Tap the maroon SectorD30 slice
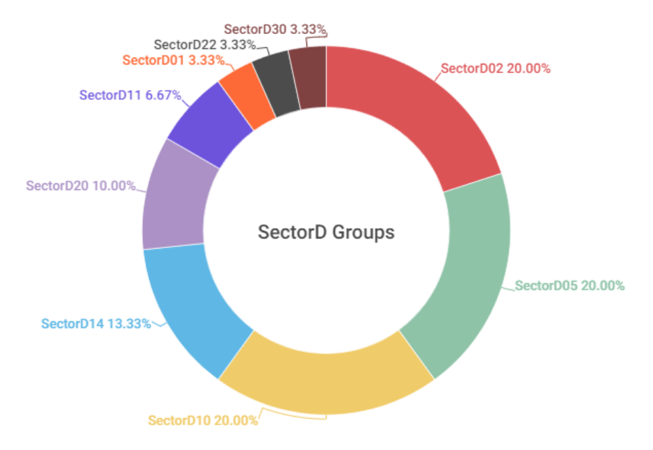[309, 76]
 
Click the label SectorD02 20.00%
[496, 69]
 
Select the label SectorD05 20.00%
[570, 286]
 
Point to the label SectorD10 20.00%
[203, 420]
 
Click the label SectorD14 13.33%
[96, 323]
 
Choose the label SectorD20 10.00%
[80, 186]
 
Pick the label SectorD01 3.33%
[173, 60]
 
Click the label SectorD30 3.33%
[275, 30]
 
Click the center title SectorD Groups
[326, 232]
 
